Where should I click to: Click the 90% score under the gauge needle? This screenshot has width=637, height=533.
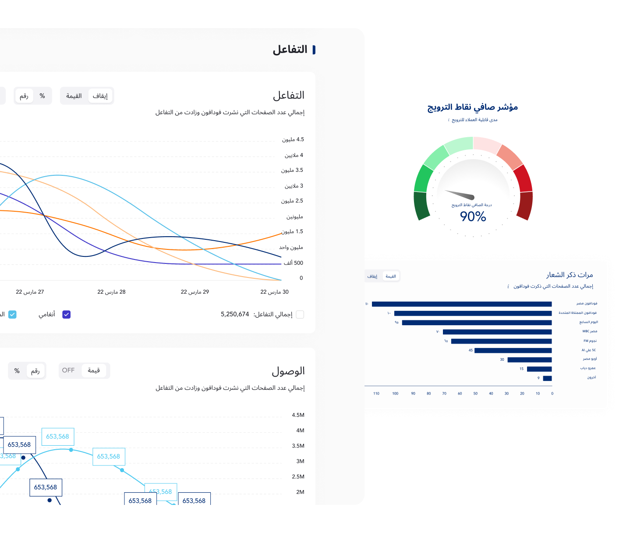(x=473, y=217)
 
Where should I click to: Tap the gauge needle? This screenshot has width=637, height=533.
(x=460, y=194)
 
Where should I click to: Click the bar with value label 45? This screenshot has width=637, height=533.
(x=513, y=351)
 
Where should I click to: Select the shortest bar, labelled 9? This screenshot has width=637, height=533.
(x=547, y=378)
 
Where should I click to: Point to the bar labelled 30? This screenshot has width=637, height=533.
(x=529, y=360)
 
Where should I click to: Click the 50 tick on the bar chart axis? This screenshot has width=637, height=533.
(x=475, y=394)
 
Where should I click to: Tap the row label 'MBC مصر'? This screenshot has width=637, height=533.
(x=590, y=331)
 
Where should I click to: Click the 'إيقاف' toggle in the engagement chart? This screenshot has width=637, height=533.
(x=100, y=96)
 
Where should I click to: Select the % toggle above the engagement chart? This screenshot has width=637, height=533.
(x=42, y=96)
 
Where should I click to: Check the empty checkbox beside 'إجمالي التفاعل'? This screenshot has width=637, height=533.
(x=300, y=314)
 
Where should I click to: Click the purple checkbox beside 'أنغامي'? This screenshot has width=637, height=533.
(x=67, y=314)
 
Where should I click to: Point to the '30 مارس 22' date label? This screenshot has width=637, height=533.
(x=274, y=292)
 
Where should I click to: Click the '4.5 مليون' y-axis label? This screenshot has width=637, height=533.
(x=293, y=139)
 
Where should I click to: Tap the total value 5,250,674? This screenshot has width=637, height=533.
(x=235, y=314)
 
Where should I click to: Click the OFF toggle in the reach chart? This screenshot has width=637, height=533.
(x=68, y=370)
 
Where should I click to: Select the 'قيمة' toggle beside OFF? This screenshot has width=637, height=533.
(x=94, y=370)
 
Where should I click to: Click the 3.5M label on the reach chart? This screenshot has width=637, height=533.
(x=298, y=446)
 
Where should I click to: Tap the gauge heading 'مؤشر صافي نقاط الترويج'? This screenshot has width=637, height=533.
(x=473, y=107)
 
